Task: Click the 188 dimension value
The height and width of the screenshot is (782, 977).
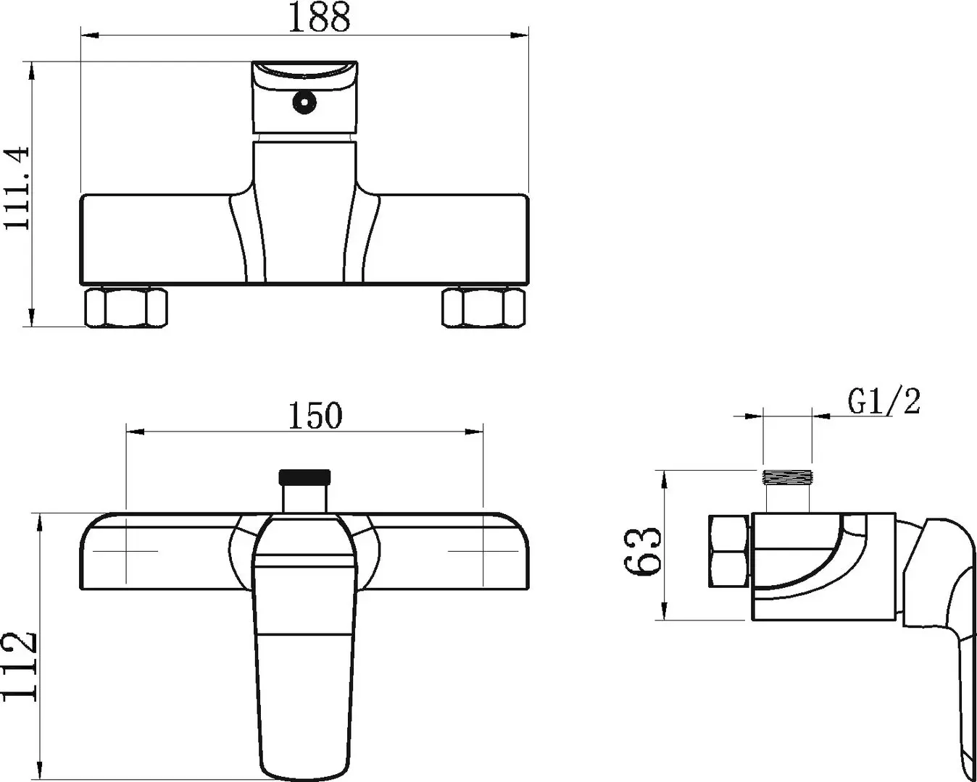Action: point(320,17)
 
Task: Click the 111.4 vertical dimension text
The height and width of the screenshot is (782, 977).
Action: point(17,188)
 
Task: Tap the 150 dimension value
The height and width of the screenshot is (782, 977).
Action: point(315,416)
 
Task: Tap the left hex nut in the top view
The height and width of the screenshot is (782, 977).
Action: point(126,308)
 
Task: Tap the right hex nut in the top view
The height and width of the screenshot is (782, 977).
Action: point(483,308)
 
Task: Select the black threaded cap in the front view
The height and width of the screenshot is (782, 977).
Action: point(304,476)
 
